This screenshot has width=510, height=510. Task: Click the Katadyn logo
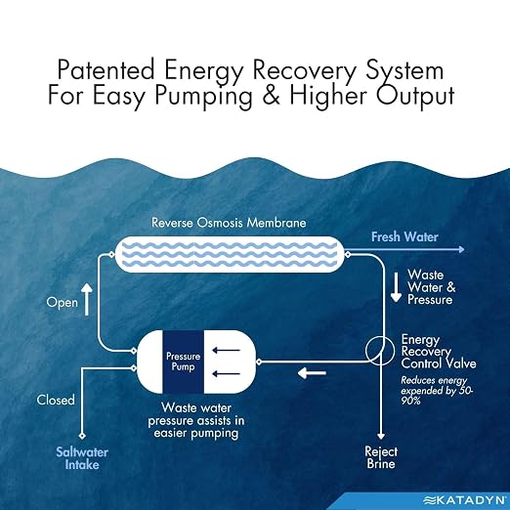(x=466, y=500)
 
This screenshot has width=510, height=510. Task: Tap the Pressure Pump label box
(x=184, y=361)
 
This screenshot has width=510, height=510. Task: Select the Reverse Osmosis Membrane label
(x=229, y=223)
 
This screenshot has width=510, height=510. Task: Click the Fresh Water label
(x=404, y=236)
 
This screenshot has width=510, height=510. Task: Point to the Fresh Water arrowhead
(x=461, y=249)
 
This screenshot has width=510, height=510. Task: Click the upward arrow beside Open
(x=87, y=299)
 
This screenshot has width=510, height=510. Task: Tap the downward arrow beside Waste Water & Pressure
(x=396, y=287)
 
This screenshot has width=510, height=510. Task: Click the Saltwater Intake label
(x=82, y=458)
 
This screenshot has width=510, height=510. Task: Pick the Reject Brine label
(x=381, y=457)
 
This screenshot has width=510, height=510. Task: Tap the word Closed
(x=56, y=400)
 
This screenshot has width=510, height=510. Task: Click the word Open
(x=63, y=303)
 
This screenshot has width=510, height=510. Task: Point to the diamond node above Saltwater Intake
(x=82, y=436)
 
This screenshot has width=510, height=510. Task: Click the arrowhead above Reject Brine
(x=381, y=436)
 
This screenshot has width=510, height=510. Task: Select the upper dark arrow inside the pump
(x=226, y=351)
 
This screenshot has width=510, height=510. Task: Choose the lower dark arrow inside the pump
(x=226, y=374)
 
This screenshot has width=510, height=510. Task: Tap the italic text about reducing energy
(x=437, y=391)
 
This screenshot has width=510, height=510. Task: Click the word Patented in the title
(x=106, y=69)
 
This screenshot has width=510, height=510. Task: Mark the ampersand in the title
(x=271, y=96)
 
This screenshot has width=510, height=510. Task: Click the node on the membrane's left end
(x=111, y=254)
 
